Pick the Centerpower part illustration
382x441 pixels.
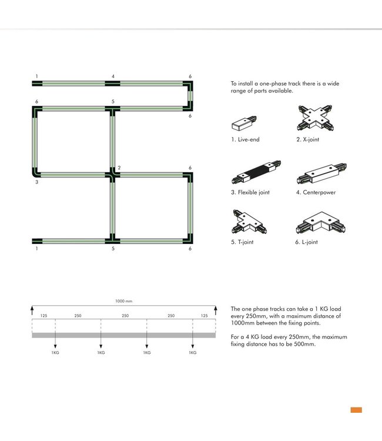tap(317, 174)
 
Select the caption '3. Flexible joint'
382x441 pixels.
tap(250, 192)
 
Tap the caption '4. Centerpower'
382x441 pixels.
tap(316, 192)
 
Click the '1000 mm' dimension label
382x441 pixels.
tap(123, 301)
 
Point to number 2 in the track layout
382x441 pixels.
tap(119, 168)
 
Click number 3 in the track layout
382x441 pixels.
tap(36, 183)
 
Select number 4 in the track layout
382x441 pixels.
tap(113, 76)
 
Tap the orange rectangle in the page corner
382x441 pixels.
tap(356, 410)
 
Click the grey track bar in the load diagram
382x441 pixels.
tap(123, 335)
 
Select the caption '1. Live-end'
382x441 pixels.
tap(245, 139)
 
